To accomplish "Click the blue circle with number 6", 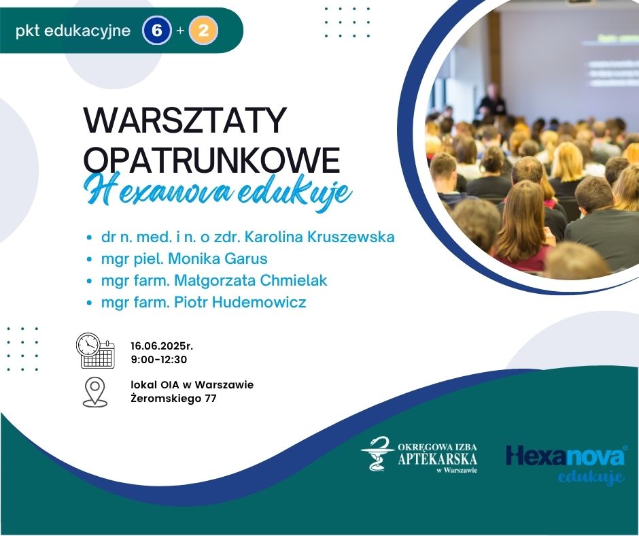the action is pyautogui.click(x=157, y=30).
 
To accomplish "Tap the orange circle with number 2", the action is pyautogui.click(x=203, y=30).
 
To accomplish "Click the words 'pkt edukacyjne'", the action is pyautogui.click(x=73, y=31).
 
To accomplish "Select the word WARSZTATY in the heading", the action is pyautogui.click(x=186, y=121).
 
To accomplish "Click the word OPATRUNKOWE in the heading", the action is pyautogui.click(x=211, y=161).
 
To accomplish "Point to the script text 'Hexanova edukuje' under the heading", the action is pyautogui.click(x=218, y=192).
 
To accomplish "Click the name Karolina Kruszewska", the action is pyautogui.click(x=319, y=237).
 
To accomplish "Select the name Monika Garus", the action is pyautogui.click(x=218, y=258).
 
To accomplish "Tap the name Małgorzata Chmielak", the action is pyautogui.click(x=251, y=281).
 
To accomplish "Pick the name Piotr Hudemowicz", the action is pyautogui.click(x=240, y=302).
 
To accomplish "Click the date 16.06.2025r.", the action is pyautogui.click(x=162, y=346).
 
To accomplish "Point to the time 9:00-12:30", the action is pyautogui.click(x=159, y=359).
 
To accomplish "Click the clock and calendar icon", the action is pyautogui.click(x=96, y=350).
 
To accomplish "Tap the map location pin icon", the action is pyautogui.click(x=95, y=392).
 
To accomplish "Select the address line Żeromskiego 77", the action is pyautogui.click(x=173, y=398).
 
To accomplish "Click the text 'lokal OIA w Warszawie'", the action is pyautogui.click(x=192, y=385).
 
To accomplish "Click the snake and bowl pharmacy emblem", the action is pyautogui.click(x=378, y=453).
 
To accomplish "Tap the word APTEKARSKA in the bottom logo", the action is pyautogui.click(x=437, y=458).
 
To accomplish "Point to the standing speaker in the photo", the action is pyautogui.click(x=492, y=101).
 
